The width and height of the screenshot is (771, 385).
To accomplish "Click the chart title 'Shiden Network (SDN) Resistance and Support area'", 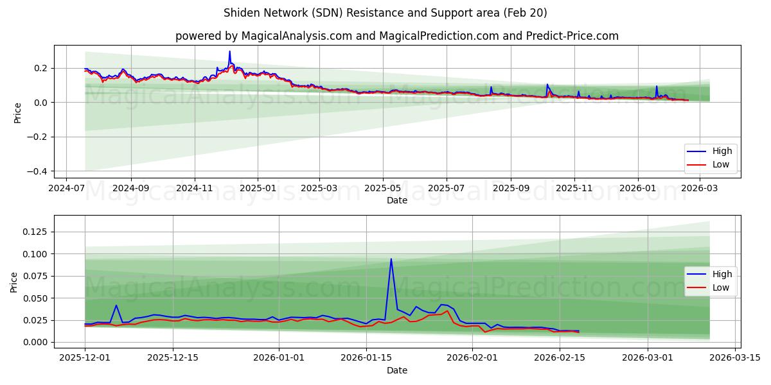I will [x=385, y=13].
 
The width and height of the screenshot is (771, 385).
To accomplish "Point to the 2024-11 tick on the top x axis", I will [x=194, y=189].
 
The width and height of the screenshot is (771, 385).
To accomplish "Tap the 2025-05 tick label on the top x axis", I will [x=383, y=189].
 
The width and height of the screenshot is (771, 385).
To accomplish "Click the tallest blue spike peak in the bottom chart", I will [x=391, y=259].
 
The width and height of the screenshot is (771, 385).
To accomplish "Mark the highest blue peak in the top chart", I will [x=229, y=51].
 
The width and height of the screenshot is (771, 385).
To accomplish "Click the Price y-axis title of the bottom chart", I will [x=14, y=282].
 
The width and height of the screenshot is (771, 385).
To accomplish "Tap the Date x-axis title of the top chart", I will [x=396, y=200].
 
